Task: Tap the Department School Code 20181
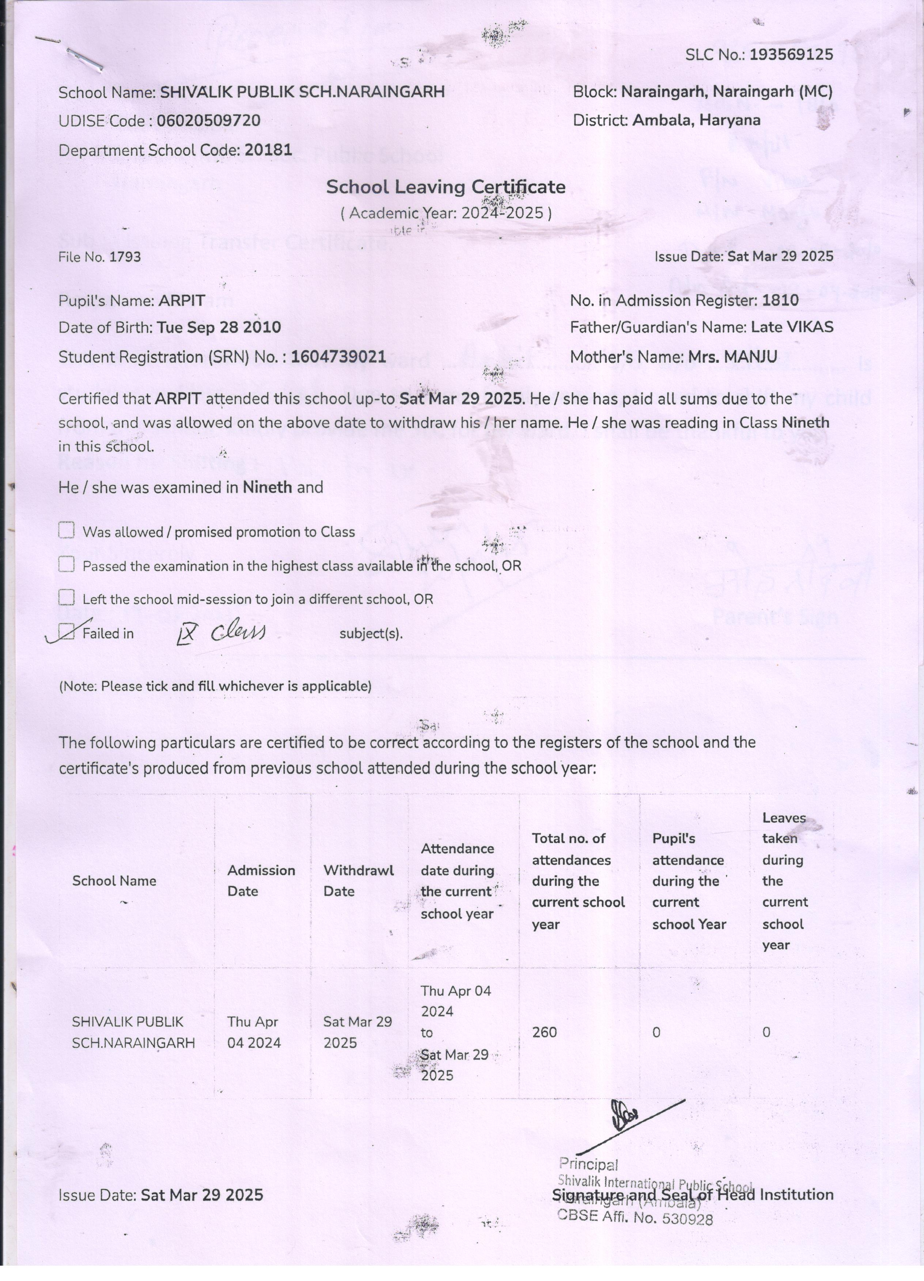pos(268,150)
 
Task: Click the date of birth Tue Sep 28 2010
pos(218,328)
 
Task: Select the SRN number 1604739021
pos(338,357)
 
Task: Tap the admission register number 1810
pos(780,301)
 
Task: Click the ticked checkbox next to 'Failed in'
pos(67,633)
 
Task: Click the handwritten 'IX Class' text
pos(220,633)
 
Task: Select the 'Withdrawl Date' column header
pos(358,881)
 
